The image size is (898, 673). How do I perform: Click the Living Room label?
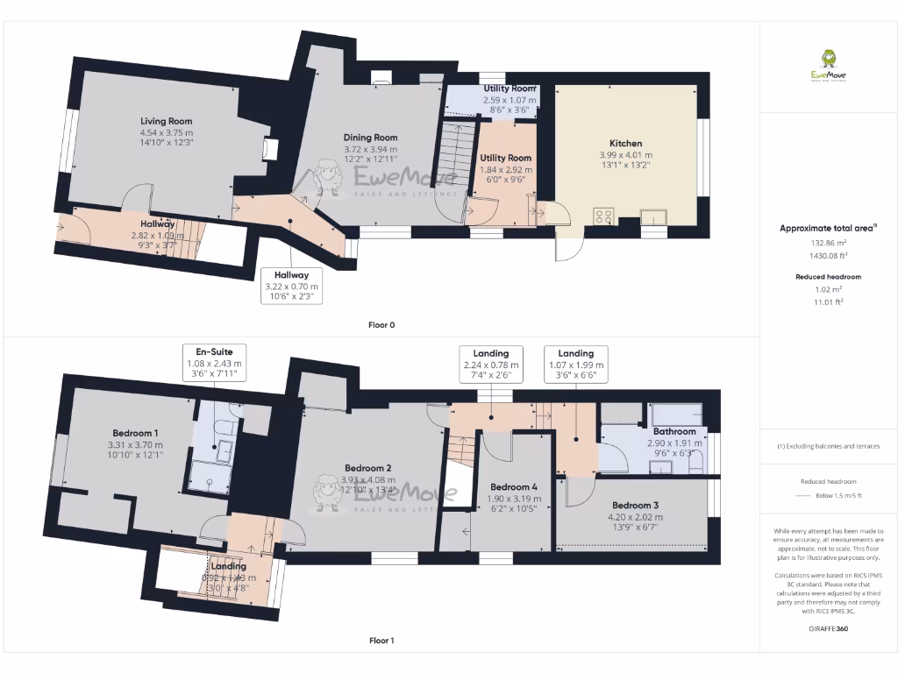click(x=167, y=122)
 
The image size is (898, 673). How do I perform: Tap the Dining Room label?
click(x=369, y=138)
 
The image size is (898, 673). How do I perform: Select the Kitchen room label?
click(x=625, y=143)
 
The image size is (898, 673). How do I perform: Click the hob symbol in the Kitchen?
click(x=603, y=215)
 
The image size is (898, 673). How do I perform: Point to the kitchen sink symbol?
click(x=653, y=216)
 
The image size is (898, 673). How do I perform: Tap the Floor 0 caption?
click(x=381, y=325)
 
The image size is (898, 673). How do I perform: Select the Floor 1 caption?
click(x=381, y=641)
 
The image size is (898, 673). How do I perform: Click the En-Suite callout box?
click(x=215, y=362)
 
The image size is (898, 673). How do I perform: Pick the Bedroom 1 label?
click(x=135, y=433)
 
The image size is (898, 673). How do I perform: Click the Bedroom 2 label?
click(x=367, y=467)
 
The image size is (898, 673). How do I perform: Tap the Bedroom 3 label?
click(x=635, y=506)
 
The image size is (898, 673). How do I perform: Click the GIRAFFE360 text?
click(x=828, y=628)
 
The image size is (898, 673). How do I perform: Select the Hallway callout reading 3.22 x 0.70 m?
click(x=292, y=286)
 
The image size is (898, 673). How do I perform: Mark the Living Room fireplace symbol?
click(x=270, y=150)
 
